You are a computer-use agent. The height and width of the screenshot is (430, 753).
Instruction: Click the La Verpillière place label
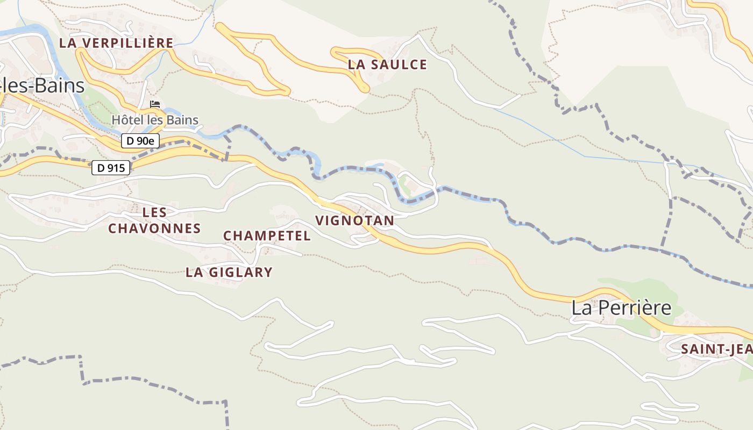(116, 43)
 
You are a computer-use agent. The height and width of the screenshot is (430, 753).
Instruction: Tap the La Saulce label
(387, 65)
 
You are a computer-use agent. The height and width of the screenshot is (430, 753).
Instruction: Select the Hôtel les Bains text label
(155, 120)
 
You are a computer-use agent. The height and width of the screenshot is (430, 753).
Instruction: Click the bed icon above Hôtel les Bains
(155, 104)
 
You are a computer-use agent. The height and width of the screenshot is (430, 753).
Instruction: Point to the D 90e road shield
(140, 141)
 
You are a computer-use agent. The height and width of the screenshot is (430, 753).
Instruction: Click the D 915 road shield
(111, 168)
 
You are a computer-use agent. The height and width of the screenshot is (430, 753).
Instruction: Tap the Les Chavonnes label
(154, 220)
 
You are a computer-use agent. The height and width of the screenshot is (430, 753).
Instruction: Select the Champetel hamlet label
(267, 236)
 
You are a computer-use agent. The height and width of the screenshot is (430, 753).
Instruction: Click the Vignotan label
(354, 220)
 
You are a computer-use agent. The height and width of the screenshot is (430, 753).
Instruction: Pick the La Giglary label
(229, 273)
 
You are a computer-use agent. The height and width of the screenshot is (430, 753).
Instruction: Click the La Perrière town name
(621, 308)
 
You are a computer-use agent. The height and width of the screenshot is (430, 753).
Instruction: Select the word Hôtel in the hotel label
(127, 120)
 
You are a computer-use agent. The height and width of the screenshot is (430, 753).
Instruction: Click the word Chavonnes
(154, 228)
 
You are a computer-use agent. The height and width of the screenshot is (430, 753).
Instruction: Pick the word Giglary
(240, 273)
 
